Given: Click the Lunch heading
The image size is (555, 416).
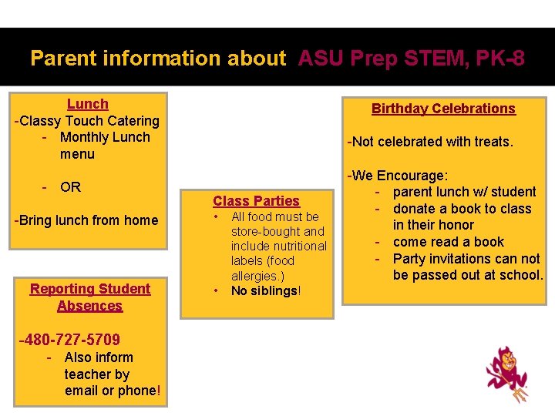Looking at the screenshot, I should click(87, 104).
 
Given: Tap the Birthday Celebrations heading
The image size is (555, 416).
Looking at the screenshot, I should click(443, 109).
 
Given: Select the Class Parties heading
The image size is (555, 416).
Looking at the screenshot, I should click(256, 201).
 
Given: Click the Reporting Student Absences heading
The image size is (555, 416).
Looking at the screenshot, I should click(90, 297).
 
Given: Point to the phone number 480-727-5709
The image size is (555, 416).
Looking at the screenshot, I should click(70, 340).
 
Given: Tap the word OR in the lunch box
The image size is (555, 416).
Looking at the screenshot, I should click(70, 187).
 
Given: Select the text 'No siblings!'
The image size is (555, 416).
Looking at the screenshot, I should click(266, 290).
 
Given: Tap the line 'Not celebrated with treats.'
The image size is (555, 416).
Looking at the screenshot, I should click(430, 142).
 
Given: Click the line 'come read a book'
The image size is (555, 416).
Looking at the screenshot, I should click(449, 242).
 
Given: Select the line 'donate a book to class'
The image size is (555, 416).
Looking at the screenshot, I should click(462, 209).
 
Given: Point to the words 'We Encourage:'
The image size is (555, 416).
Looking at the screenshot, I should click(398, 176).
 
